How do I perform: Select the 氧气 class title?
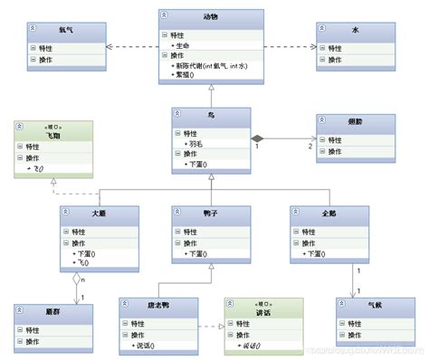point(66,30)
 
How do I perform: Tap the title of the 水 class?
point(355,30)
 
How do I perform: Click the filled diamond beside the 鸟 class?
point(258,137)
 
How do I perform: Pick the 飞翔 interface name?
point(55,134)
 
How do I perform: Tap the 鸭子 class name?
point(210,213)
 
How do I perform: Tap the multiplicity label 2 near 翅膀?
point(310,147)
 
